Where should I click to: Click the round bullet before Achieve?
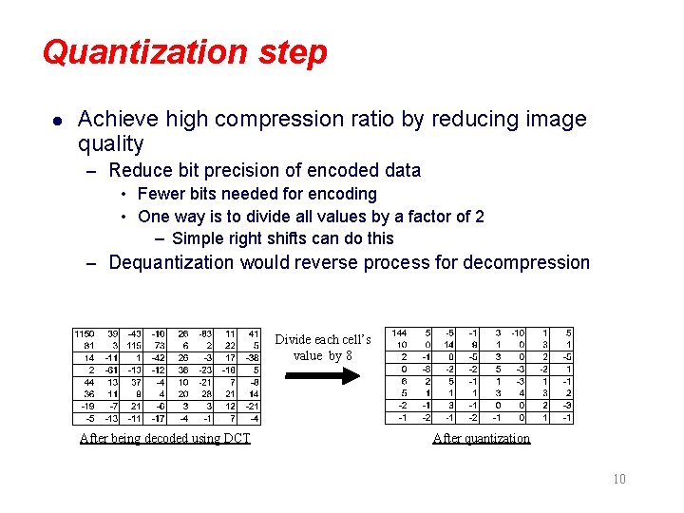pos(57,121)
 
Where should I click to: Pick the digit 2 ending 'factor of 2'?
pos(479,217)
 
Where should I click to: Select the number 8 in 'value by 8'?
pos(349,355)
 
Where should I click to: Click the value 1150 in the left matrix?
pos(84,334)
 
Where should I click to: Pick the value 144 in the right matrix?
pos(399,334)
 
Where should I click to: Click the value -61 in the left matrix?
pos(111,370)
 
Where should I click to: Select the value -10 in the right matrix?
pos(517,334)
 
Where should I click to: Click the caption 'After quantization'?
pos(481,438)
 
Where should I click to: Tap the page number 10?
pos(618,479)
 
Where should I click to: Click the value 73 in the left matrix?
pos(160,346)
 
